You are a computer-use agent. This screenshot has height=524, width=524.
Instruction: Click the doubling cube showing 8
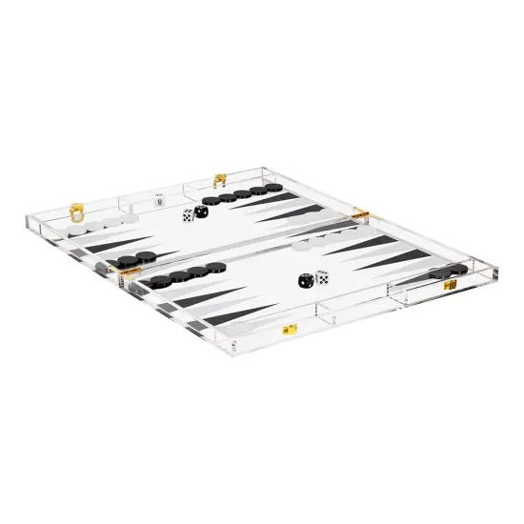[159, 200]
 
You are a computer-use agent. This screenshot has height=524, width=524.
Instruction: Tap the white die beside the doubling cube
[186, 216]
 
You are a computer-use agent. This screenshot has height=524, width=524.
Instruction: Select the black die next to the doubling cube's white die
[201, 212]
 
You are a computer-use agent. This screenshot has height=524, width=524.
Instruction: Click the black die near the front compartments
[304, 281]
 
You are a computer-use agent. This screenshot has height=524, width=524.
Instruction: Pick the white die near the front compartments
[322, 277]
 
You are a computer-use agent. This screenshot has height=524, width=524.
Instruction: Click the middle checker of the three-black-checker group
[131, 259]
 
